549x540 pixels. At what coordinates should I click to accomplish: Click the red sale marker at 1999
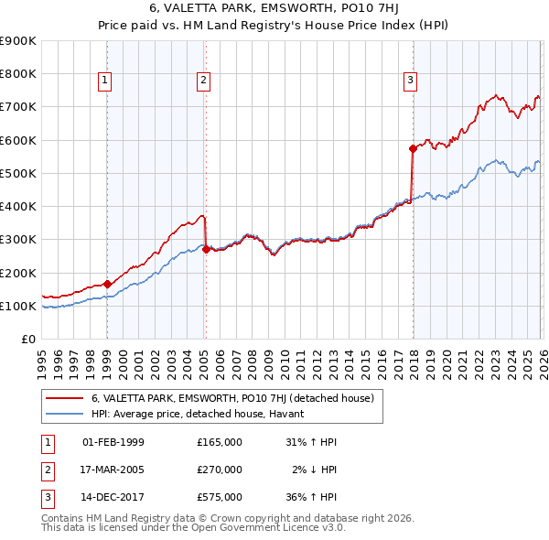tap(108, 284)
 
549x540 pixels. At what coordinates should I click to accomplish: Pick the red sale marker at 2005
tap(206, 249)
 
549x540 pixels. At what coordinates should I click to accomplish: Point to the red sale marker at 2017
tap(413, 147)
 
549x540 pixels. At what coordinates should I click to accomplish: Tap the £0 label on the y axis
tap(27, 339)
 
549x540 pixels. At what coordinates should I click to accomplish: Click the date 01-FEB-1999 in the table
tap(113, 442)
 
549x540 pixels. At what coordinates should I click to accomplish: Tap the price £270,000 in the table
tap(220, 470)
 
